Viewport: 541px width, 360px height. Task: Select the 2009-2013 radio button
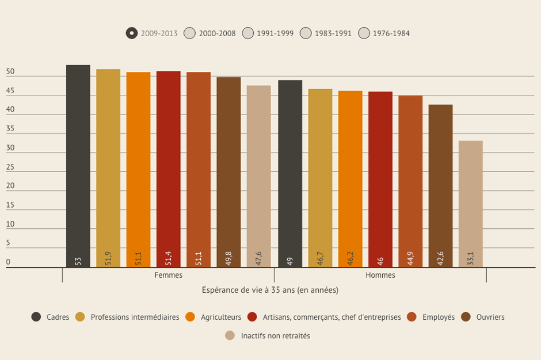[132, 33]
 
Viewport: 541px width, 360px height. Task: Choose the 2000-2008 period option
[190, 33]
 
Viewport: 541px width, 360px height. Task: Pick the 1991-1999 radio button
[248, 33]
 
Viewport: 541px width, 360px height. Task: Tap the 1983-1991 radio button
[306, 33]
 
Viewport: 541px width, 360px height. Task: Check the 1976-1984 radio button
[364, 33]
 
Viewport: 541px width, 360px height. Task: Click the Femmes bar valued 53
[78, 166]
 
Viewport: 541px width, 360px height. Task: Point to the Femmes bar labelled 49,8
[228, 172]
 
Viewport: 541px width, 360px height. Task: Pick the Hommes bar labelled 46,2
[350, 179]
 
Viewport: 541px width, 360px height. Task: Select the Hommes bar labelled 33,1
[470, 204]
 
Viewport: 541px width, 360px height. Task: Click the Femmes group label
[169, 275]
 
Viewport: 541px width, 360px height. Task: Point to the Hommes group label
[380, 275]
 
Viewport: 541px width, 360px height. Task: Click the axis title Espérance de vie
[270, 290]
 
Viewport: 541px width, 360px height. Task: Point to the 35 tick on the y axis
[10, 129]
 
